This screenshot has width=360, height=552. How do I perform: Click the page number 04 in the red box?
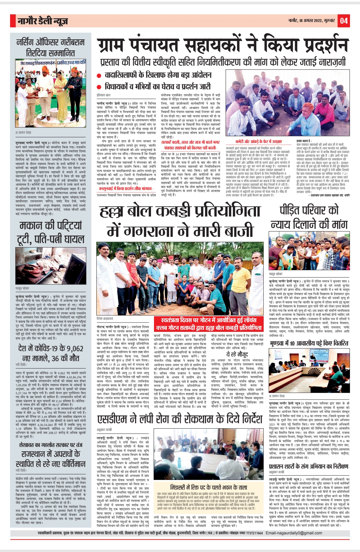coord(344,21)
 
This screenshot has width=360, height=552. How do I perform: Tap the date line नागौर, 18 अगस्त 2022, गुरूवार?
coord(311,21)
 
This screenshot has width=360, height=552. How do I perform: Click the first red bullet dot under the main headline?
coord(99,76)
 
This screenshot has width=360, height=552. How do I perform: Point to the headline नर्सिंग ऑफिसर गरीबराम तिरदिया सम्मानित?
coord(51,47)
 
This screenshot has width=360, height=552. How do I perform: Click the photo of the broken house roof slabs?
coord(51,265)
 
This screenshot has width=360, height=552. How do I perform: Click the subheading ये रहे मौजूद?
coord(237,354)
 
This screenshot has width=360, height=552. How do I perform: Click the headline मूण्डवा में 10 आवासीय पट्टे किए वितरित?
coord(309,343)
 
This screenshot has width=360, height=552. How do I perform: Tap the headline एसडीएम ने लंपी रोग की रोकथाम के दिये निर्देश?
coord(180,419)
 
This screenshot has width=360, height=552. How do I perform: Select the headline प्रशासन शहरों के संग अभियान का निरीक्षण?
coord(309,466)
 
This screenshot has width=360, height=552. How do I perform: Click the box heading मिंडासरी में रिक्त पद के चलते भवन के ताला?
coord(209,487)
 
